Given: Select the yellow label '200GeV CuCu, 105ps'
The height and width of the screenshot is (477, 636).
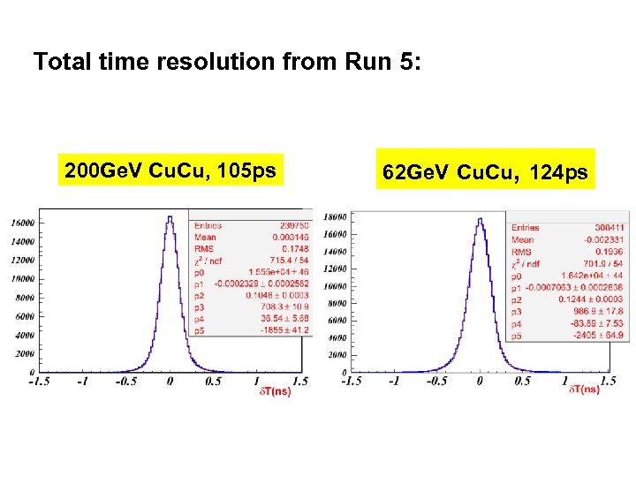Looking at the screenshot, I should click(170, 170).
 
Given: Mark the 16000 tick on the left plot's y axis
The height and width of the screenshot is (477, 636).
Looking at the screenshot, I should click(22, 223).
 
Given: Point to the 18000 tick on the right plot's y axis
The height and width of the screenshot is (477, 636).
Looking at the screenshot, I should click(335, 217).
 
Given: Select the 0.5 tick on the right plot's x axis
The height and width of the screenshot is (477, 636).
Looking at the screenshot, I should click(522, 381).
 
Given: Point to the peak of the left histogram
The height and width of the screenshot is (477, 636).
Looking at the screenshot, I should click(170, 217).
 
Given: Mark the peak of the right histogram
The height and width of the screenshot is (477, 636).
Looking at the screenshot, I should click(480, 219).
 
